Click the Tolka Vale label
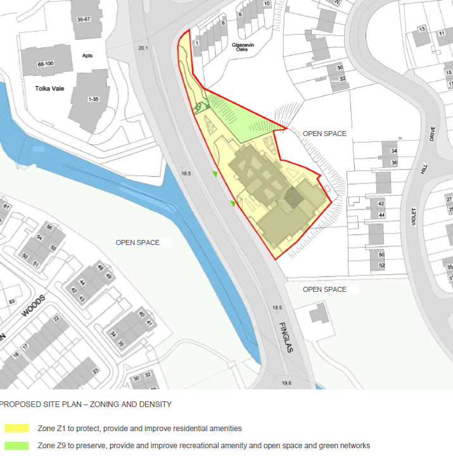[50, 89]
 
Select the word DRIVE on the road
[433, 134]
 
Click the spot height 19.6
[286, 383]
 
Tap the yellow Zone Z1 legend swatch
[15, 429]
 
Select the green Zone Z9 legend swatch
[15, 446]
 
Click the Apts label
[87, 55]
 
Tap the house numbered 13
[421, 29]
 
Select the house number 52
[381, 266]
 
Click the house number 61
[6, 206]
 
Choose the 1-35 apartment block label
[94, 99]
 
